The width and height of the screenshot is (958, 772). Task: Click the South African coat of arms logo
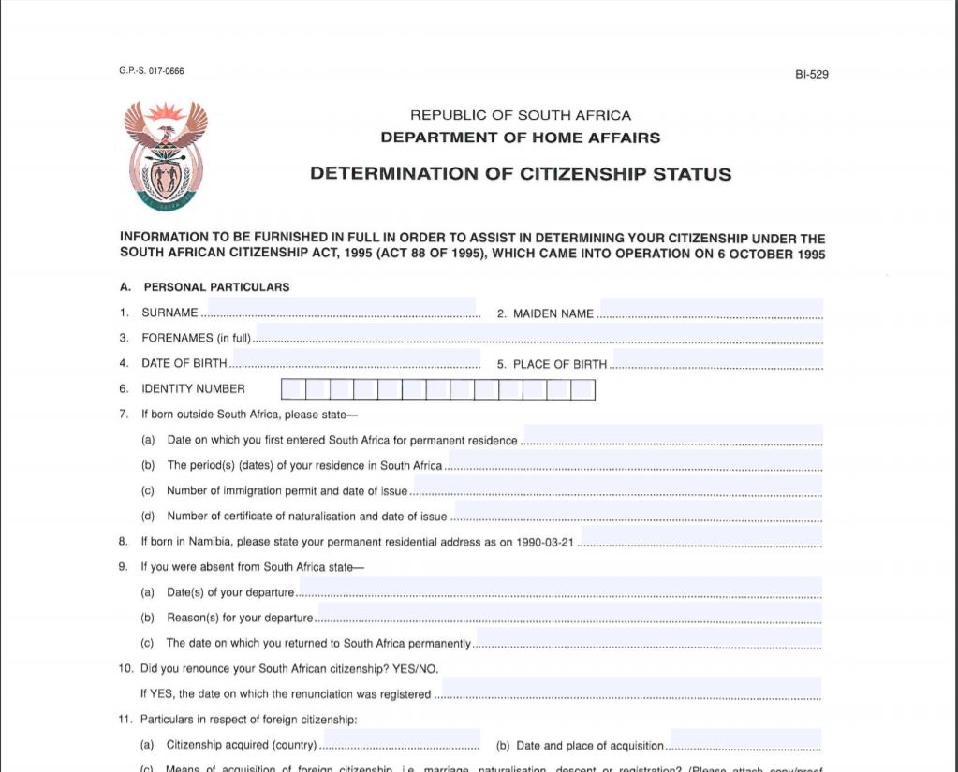point(166,154)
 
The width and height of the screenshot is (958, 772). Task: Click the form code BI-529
point(811,75)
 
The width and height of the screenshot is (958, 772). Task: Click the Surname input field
point(341,309)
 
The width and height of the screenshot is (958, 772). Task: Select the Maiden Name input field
point(711,309)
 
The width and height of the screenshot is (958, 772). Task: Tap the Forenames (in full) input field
point(538,334)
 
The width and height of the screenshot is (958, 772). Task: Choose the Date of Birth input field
point(355,359)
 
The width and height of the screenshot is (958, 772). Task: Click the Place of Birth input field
point(716,359)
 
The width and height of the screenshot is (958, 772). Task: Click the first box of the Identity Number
point(292,389)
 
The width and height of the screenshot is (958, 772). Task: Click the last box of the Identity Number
point(583,389)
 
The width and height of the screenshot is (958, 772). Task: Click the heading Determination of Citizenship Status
point(521,174)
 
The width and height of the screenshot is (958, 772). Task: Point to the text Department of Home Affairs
point(520,138)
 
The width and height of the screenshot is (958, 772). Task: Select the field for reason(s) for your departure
point(569,614)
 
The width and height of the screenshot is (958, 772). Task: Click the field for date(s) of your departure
point(559,589)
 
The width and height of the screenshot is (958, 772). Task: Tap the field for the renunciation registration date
point(629,690)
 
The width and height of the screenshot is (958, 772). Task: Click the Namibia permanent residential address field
point(701,537)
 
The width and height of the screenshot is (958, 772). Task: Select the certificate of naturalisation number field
point(638,512)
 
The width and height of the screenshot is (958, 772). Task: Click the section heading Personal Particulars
point(216,287)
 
